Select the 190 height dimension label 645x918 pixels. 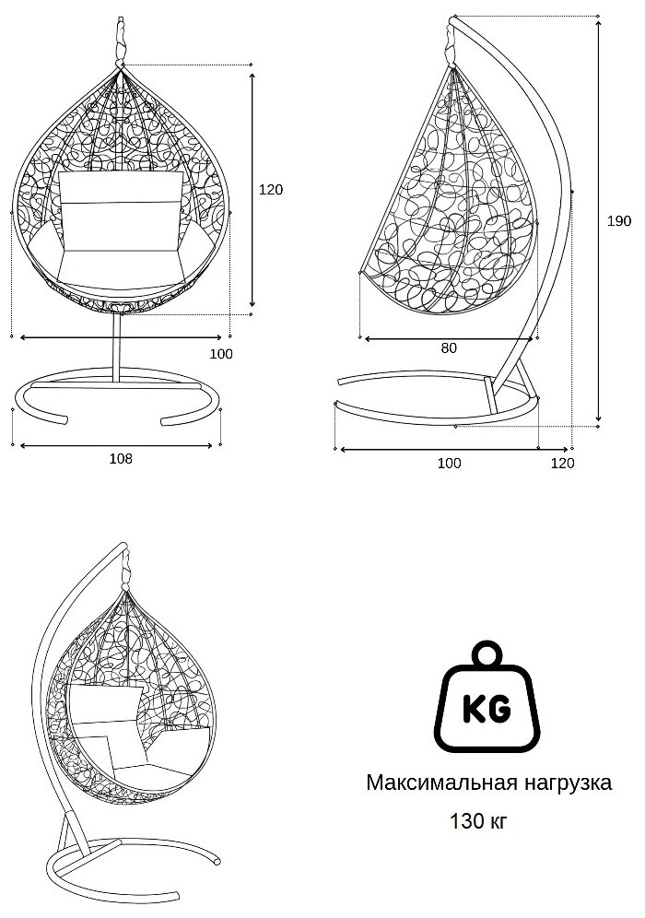[619, 221]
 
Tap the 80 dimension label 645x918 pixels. [449, 348]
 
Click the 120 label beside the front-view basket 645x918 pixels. [270, 190]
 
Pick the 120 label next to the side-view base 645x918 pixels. [562, 464]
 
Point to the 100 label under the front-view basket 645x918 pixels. [221, 353]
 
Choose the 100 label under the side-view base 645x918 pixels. [449, 464]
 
